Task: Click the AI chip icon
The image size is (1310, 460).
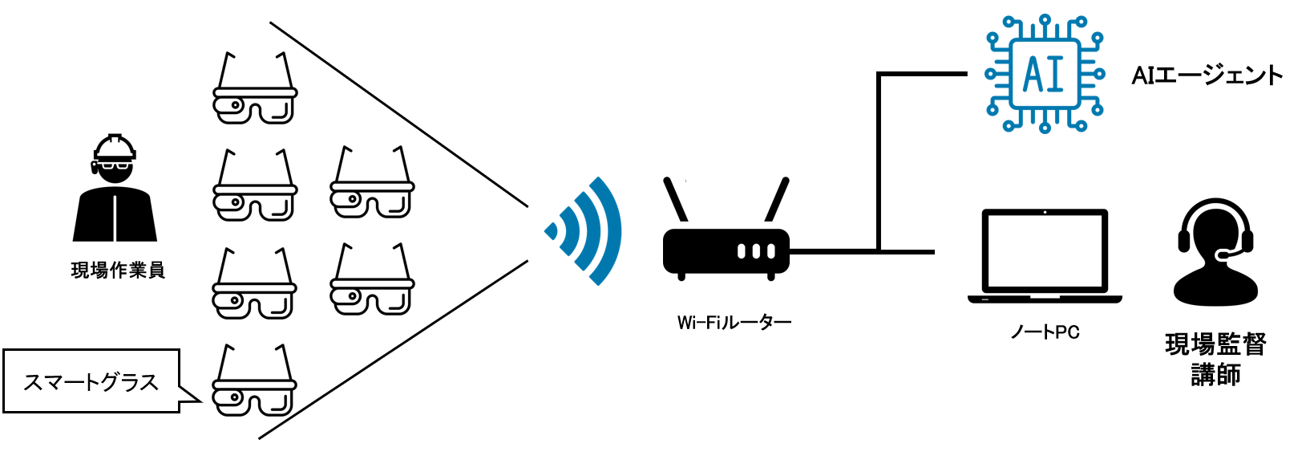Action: tap(1044, 74)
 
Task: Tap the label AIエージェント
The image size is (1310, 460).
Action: tap(1207, 75)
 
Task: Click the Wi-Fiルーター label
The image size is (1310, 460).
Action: tap(734, 323)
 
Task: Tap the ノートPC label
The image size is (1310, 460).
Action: tap(1045, 332)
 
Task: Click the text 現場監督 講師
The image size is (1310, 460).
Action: tap(1215, 359)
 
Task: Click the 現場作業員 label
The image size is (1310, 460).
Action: tap(118, 271)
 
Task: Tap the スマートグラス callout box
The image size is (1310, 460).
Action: tap(91, 381)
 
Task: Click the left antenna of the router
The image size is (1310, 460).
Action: tap(676, 200)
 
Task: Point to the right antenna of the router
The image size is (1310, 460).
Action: tap(777, 200)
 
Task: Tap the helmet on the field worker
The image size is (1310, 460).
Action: tap(115, 147)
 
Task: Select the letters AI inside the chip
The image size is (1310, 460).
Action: tap(1044, 75)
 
